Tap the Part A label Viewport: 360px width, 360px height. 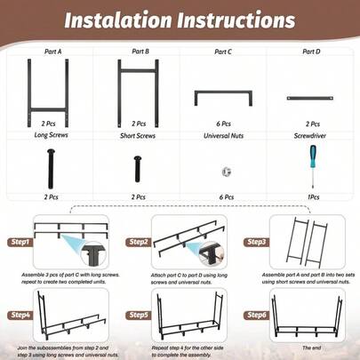tap(52, 52)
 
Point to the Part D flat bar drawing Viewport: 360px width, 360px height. tap(311, 98)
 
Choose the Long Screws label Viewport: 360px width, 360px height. tap(52, 136)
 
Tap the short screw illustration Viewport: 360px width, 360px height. tap(138, 168)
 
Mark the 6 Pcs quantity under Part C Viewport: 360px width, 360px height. tap(224, 124)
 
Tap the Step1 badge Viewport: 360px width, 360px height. tap(20, 242)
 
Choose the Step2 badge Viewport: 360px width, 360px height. tap(139, 242)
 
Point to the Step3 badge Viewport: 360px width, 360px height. tap(256, 242)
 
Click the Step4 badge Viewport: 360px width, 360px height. tap(20, 315)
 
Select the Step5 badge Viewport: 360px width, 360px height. tap(139, 315)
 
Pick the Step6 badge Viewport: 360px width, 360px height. tap(256, 315)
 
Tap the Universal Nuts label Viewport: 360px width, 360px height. tap(224, 136)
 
